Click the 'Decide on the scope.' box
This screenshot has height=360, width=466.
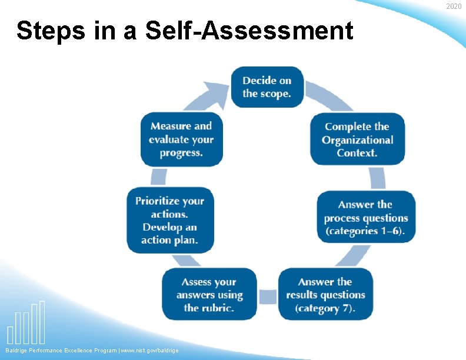(267, 87)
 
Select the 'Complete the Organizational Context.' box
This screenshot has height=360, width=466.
(357, 139)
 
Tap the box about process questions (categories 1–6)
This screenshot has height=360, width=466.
(365, 217)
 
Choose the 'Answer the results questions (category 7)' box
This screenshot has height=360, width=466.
(325, 295)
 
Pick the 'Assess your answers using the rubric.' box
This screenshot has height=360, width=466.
(209, 295)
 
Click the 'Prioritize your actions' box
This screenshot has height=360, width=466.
(169, 221)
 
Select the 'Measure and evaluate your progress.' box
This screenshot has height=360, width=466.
(181, 139)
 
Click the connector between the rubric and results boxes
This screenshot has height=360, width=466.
(268, 295)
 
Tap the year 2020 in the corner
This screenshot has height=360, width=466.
(454, 6)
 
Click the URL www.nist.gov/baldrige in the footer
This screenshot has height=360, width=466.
(149, 351)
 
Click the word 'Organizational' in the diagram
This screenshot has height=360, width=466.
(357, 140)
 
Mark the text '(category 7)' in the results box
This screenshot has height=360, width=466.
(325, 308)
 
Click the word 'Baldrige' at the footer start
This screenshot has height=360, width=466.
(18, 351)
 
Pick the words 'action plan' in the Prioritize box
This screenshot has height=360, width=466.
(169, 240)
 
